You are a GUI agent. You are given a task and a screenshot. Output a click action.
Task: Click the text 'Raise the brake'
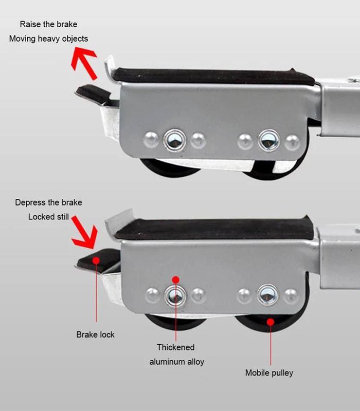[48, 24]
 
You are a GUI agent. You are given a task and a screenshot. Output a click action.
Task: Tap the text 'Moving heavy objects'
[48, 39]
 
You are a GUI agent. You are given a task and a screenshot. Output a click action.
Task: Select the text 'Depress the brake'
[48, 202]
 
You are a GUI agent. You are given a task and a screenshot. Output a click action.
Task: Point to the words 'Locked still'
[48, 217]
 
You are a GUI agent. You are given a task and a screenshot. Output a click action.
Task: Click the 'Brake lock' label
[96, 335]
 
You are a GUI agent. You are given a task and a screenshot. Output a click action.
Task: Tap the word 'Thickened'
[176, 347]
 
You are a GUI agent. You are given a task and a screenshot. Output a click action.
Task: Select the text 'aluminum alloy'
[177, 362]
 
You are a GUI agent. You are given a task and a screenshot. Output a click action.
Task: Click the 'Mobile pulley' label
[269, 373]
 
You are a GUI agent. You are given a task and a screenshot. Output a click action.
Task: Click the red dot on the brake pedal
[96, 260]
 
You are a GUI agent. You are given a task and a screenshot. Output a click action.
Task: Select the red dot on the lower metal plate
[176, 280]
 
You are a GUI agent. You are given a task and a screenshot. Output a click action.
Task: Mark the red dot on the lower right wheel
[271, 322]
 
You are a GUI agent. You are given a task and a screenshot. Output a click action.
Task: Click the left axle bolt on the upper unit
[174, 140]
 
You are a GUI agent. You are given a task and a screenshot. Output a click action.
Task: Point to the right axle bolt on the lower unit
[268, 295]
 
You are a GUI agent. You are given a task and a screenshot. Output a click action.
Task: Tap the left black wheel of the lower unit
[175, 323]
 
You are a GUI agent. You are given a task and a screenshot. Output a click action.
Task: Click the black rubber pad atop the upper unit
[214, 77]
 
